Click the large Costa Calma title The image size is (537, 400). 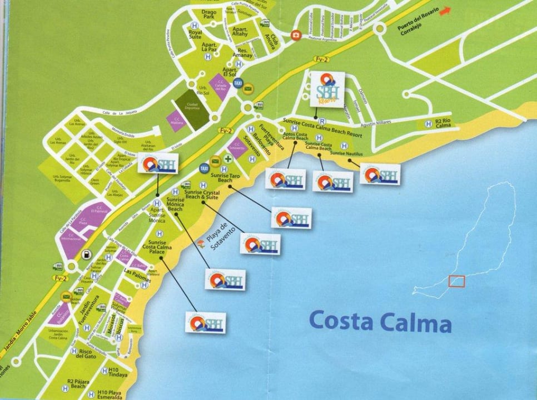point(379,321)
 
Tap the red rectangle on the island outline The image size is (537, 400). point(456,282)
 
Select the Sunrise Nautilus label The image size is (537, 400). point(346,153)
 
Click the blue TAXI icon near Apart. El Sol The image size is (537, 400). point(237,83)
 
